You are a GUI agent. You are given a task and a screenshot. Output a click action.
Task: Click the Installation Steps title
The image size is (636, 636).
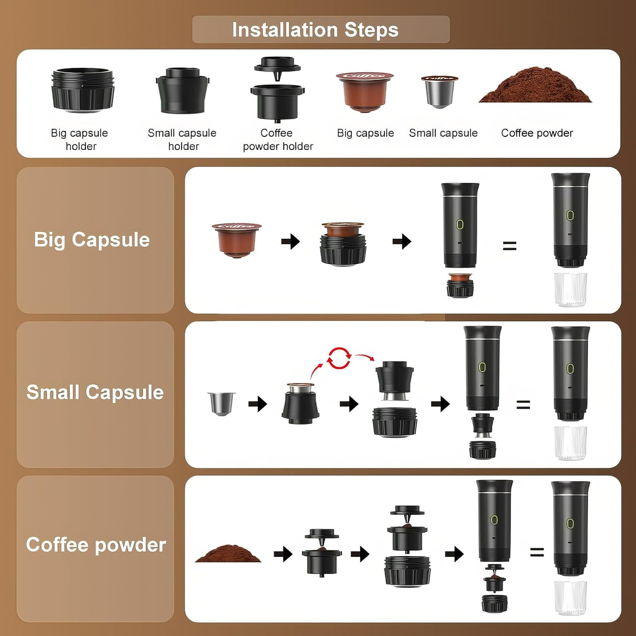point(315,30)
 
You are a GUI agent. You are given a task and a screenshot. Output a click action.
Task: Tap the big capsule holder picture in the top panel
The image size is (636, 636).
point(82,90)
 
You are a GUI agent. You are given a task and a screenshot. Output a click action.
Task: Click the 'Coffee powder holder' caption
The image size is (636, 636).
point(277,139)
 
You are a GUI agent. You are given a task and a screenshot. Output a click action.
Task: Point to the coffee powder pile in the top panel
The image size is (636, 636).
point(535,86)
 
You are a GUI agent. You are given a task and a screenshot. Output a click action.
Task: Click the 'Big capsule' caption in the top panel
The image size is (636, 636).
point(365,133)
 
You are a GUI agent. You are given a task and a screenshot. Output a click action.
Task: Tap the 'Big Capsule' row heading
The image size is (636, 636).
point(92,240)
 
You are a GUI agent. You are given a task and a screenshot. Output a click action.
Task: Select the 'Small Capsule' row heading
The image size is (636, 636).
point(95,392)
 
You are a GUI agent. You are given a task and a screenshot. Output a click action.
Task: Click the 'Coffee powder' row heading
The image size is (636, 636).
point(96,545)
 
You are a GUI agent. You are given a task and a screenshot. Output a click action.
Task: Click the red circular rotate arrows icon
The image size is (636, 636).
point(339,358)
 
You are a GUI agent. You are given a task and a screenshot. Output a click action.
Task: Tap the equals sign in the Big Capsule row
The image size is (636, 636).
point(509,246)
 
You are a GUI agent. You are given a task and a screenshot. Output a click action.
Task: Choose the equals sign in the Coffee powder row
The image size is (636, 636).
point(537,552)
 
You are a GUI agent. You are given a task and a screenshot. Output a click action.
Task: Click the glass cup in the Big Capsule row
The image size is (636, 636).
point(570,289)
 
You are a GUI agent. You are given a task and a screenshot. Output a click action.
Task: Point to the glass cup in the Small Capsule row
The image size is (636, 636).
point(570,443)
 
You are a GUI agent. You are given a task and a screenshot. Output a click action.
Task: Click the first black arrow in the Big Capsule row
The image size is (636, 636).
point(290,242)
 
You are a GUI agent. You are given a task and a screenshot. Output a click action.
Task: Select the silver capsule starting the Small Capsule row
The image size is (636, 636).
point(221,403)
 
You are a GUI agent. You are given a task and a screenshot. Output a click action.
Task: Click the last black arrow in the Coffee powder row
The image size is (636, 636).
point(455,554)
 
